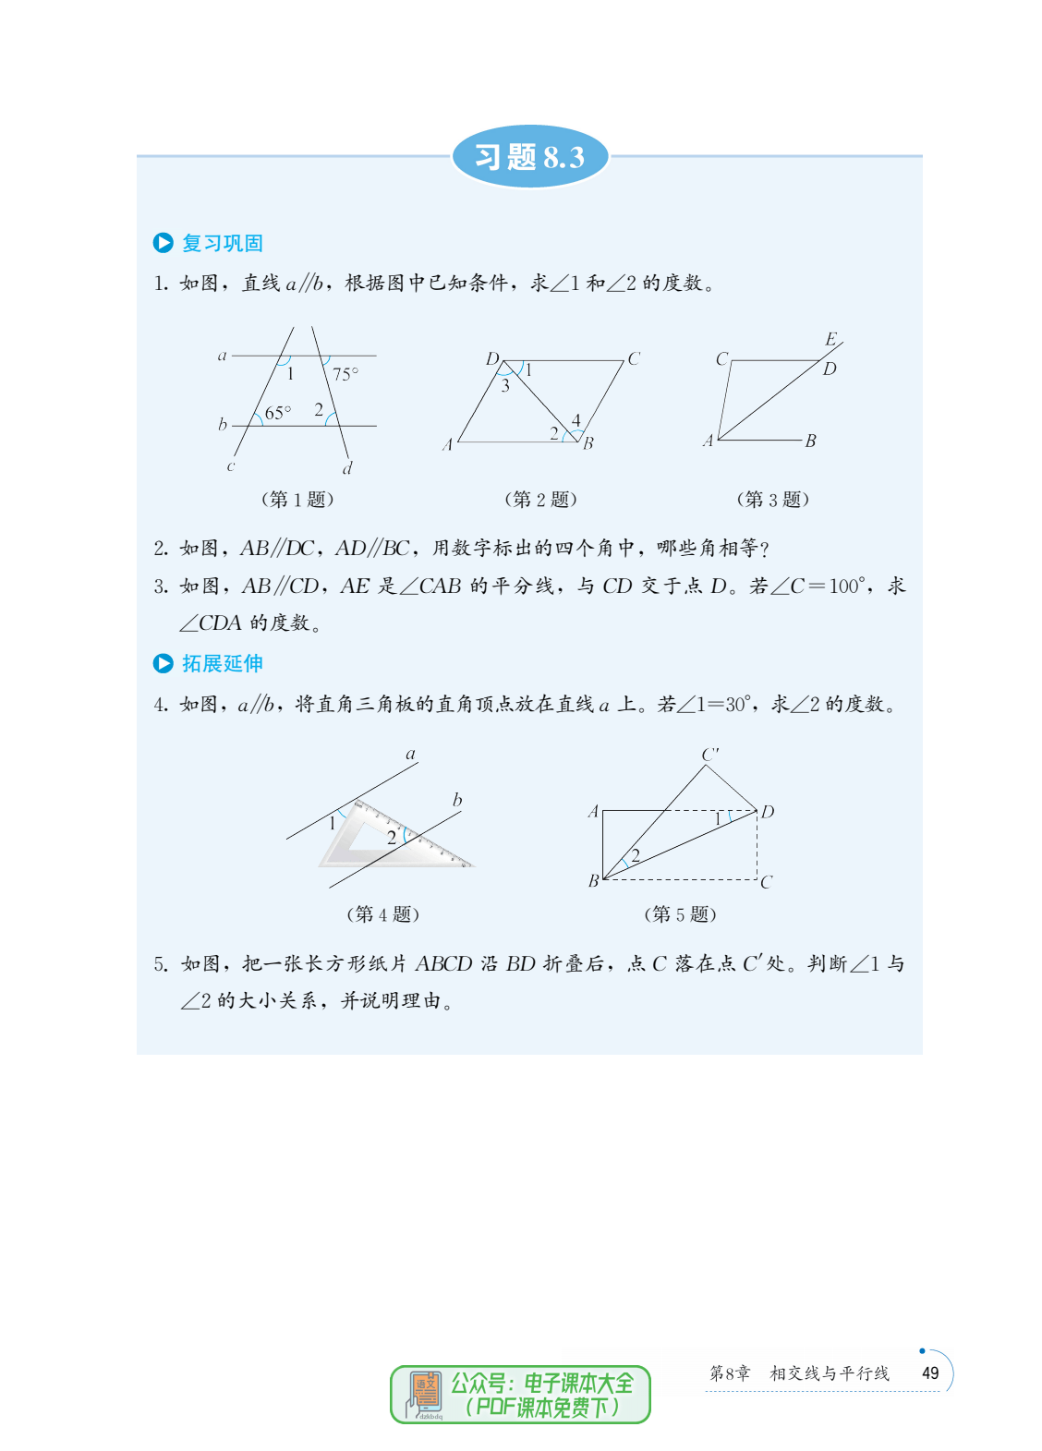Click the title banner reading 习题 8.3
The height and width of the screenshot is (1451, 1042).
529,157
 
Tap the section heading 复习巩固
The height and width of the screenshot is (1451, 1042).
222,243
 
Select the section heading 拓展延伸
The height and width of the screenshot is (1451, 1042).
222,663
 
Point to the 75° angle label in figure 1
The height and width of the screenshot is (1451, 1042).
345,374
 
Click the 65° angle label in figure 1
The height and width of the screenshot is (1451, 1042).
277,413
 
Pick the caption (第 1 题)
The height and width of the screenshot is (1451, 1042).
297,500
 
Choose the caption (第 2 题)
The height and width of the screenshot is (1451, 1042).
540,500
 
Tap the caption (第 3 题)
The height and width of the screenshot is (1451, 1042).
772,500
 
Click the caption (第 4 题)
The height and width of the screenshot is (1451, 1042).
382,914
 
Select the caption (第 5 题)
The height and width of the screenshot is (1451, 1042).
680,914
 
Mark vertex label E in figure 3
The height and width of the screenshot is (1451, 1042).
830,339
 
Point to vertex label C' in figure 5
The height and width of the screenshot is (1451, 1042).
709,755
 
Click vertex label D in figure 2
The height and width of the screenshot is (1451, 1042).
492,358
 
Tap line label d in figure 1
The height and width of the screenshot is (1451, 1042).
347,468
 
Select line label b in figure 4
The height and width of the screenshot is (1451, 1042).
457,800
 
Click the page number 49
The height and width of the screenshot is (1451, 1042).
930,1373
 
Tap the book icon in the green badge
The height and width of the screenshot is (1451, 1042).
425,1394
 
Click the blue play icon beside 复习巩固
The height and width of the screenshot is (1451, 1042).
164,243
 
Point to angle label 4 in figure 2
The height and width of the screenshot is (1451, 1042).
576,420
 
